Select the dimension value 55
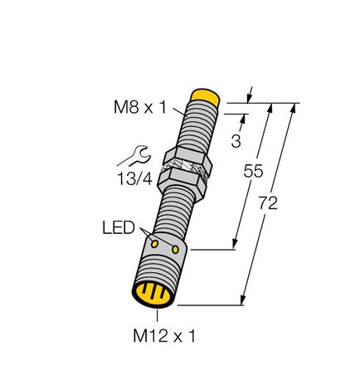253,173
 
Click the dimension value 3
236,141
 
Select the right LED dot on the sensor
175,248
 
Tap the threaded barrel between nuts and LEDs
177,212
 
